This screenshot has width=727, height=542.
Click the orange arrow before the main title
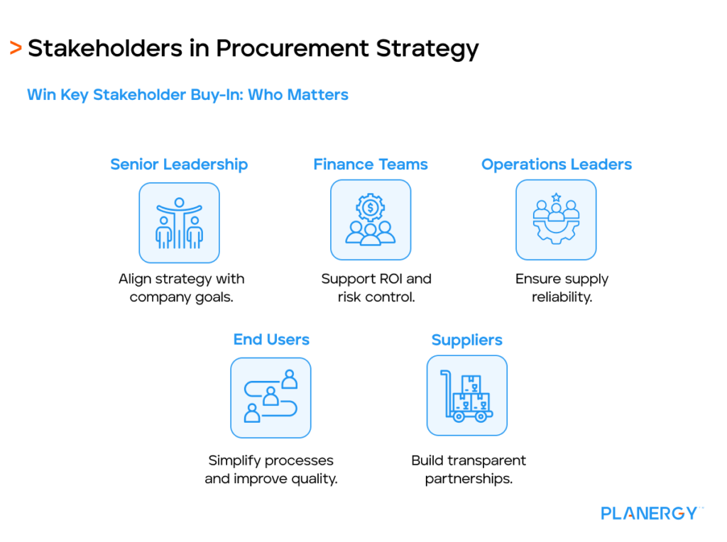click(x=15, y=48)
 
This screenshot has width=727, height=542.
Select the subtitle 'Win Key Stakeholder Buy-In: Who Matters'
click(x=187, y=94)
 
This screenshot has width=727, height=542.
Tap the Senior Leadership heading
click(x=179, y=165)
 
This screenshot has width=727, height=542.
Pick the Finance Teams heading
click(x=371, y=165)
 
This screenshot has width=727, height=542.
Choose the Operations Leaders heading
click(x=557, y=165)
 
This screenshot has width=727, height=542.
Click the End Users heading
click(x=271, y=340)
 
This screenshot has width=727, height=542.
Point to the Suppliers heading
click(x=467, y=341)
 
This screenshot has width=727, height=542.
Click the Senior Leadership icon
click(x=179, y=223)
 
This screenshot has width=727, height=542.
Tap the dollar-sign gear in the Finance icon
click(x=371, y=208)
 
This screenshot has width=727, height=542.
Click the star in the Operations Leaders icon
click(x=556, y=197)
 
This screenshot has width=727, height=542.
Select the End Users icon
click(x=270, y=397)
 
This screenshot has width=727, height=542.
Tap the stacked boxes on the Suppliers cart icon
click(x=471, y=394)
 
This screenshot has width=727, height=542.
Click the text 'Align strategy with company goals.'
click(x=181, y=288)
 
